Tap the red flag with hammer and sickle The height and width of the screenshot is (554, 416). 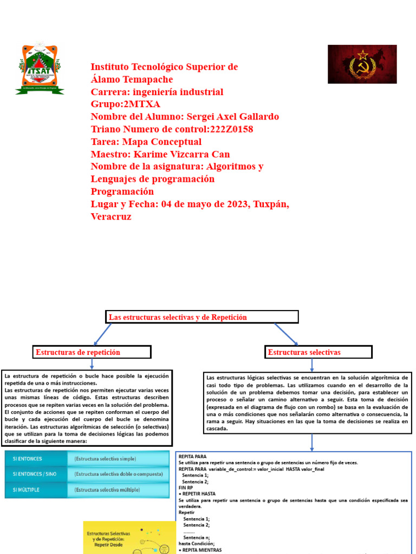click(x=362, y=64)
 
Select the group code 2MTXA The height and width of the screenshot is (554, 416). click(x=142, y=104)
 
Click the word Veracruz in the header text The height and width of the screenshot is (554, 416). click(x=111, y=216)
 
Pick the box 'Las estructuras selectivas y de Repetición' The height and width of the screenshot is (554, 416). click(x=201, y=318)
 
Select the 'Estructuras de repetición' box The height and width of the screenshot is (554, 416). click(x=92, y=352)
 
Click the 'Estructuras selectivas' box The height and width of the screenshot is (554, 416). click(x=318, y=352)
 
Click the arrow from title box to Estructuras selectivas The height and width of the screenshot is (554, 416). click(x=286, y=334)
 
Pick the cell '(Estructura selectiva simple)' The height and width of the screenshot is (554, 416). click(x=105, y=459)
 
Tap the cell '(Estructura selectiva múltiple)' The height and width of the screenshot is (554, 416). click(x=107, y=490)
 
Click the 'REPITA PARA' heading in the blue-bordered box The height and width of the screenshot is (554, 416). click(x=192, y=456)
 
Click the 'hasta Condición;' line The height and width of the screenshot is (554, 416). click(x=197, y=543)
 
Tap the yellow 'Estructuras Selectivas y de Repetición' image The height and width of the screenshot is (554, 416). click(x=129, y=538)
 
